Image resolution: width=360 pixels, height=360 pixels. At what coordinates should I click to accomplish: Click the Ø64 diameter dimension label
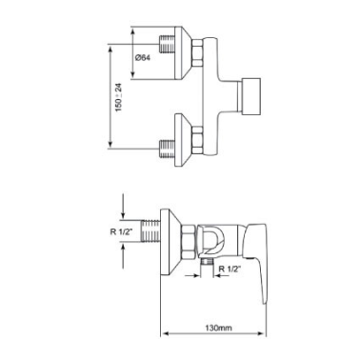(x=142, y=58)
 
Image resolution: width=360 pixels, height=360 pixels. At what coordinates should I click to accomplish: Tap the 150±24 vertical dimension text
(x=119, y=97)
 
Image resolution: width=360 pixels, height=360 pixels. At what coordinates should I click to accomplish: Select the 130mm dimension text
(x=218, y=328)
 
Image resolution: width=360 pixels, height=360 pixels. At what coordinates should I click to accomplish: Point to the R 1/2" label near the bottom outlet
(x=230, y=269)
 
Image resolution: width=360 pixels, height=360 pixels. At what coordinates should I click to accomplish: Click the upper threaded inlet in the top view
(x=167, y=44)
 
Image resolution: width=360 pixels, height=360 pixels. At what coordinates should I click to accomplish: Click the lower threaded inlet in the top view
(x=167, y=149)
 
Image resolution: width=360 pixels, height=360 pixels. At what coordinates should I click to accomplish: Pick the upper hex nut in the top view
(x=197, y=53)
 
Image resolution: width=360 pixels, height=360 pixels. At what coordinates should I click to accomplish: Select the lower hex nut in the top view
(x=197, y=140)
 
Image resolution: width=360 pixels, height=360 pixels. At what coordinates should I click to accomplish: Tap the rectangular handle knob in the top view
(x=251, y=95)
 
